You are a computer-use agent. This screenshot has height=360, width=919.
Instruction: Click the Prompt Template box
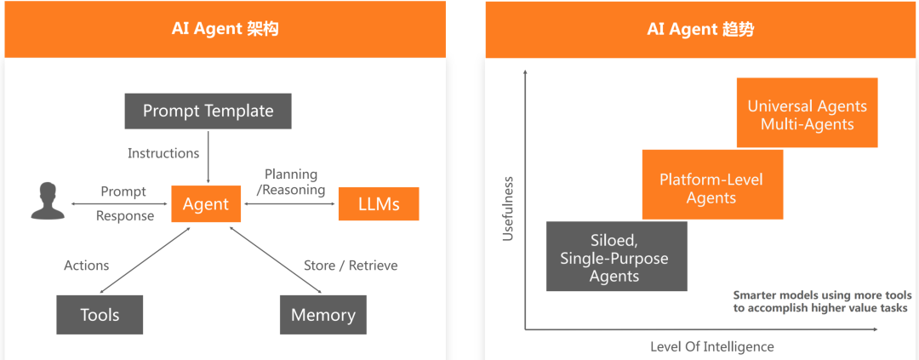208,111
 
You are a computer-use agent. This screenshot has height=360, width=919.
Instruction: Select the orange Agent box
206,204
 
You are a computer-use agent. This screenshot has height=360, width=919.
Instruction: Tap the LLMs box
379,204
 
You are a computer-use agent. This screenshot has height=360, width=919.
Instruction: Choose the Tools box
100,315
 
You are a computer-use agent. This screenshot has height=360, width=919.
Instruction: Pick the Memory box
323,315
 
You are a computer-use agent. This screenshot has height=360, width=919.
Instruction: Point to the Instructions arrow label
163,153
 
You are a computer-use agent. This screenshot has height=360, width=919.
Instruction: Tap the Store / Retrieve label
351,266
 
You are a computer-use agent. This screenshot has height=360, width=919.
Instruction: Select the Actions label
87,266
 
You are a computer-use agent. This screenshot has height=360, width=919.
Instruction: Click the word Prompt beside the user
123,191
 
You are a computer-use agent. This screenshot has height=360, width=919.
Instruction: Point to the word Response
125,216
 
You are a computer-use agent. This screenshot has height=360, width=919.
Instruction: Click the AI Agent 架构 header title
225,30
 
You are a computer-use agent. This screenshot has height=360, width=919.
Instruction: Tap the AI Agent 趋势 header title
700,30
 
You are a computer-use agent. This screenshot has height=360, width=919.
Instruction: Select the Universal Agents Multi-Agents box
807,115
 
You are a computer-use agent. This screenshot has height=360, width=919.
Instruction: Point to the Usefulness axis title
509,209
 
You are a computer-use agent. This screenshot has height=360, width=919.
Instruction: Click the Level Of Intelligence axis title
712,346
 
